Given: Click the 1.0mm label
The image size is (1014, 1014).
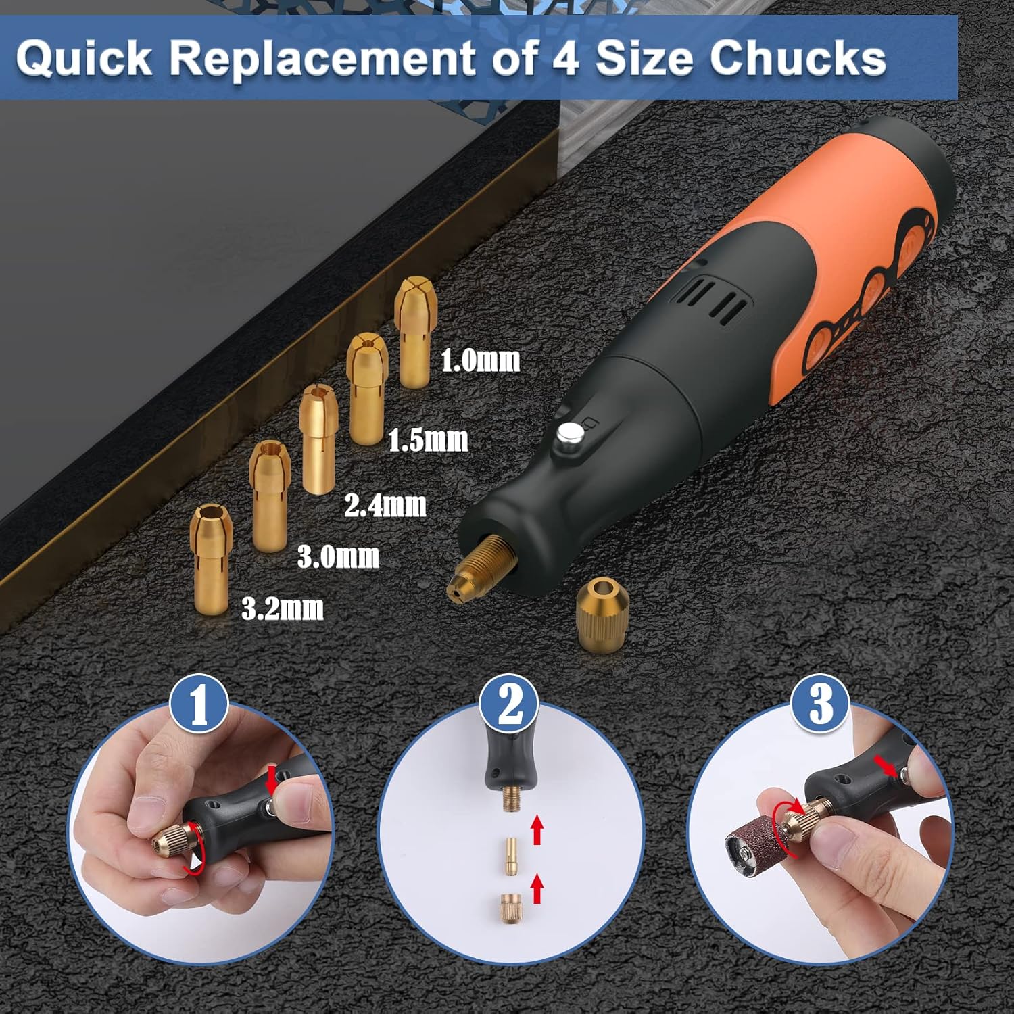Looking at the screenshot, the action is pos(481,360).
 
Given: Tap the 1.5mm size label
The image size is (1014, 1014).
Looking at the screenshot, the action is pos(428,440).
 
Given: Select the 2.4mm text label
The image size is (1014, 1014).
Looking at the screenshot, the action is pos(385,505).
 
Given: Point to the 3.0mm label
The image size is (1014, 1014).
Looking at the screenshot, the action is pos(339,556).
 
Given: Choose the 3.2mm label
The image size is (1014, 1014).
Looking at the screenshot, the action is pos(283,608).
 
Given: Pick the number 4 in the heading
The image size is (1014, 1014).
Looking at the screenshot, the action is pos(566,58).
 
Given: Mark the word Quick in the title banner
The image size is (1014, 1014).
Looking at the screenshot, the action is pos(84,57).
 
